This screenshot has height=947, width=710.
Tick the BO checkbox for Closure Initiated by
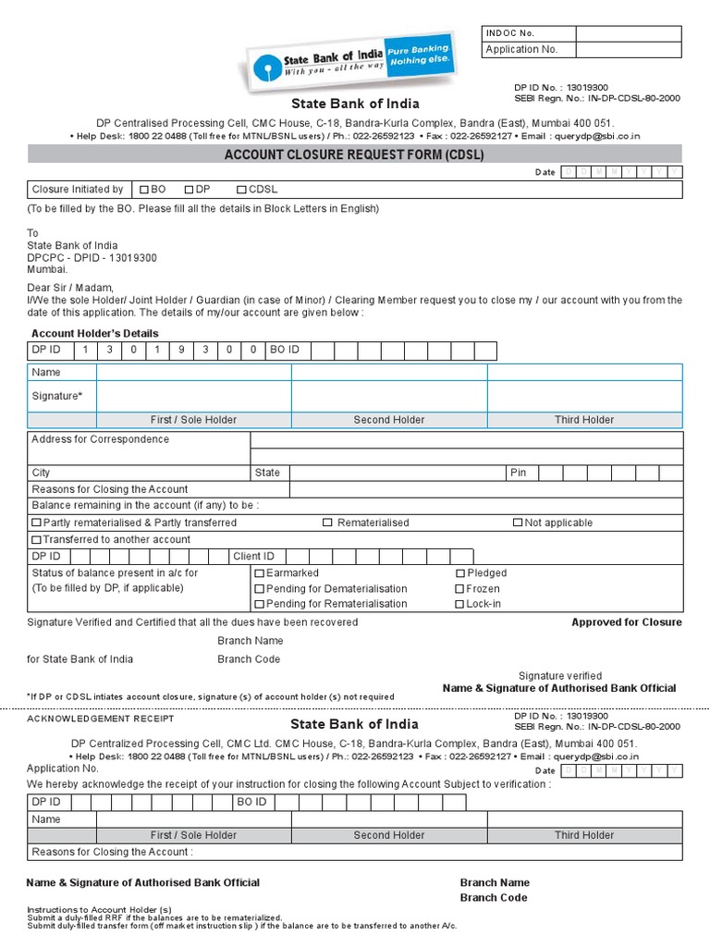coord(144,190)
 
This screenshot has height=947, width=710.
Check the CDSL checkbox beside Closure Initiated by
coord(241,190)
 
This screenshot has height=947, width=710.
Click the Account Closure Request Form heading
coord(354,155)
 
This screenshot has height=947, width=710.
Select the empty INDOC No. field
coord(628,33)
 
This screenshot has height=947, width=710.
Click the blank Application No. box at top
coord(628,50)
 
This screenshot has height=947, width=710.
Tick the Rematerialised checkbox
coord(327,523)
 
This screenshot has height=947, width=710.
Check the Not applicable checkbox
coord(518,523)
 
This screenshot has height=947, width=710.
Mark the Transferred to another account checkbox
coord(37,540)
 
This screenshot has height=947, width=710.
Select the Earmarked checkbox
coord(260,573)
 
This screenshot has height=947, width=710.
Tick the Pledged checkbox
coord(459,573)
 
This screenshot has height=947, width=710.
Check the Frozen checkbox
coord(459,589)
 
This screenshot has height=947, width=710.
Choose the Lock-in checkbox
coord(459,605)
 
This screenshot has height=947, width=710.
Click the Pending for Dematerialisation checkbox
coord(260,589)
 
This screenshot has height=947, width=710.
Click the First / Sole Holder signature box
coord(194,396)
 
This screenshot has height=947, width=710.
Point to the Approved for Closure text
coord(626,622)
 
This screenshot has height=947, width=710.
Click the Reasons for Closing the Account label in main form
coord(110,489)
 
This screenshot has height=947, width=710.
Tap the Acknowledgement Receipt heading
coord(100,719)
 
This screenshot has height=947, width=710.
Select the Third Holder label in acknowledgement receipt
coord(584,835)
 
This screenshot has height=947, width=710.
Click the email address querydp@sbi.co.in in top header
coord(596,136)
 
